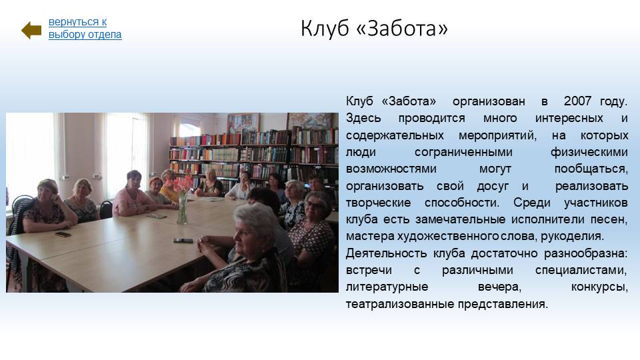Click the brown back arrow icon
pos(31,30)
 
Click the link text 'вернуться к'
pos(77,22)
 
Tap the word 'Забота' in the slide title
pos(402,29)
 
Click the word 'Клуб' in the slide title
pos(325,29)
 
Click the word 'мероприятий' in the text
pos(497,135)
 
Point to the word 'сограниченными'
pos(463,152)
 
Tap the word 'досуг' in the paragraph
pos(493,186)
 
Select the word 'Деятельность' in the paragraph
pos(386,253)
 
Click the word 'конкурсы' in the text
pos(599,287)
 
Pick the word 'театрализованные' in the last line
pos(399,304)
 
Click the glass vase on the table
pos(182,208)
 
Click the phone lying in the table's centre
pos(183,241)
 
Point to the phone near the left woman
pos(63,234)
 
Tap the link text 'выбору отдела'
pos(85,35)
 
